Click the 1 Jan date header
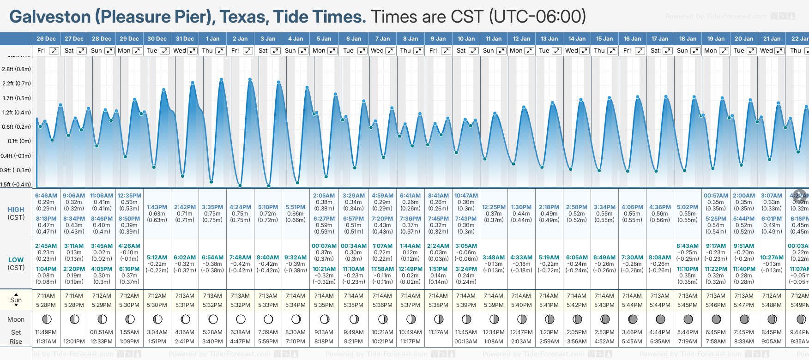pyautogui.click(x=213, y=39)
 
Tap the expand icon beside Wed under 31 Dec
pyautogui.click(x=193, y=51)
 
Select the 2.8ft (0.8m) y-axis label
pyautogui.click(x=17, y=69)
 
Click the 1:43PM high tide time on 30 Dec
pyautogui.click(x=157, y=207)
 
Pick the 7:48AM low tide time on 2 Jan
pyautogui.click(x=241, y=258)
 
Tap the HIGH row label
pyautogui.click(x=16, y=210)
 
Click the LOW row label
pyautogui.click(x=16, y=260)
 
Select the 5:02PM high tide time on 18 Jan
pyautogui.click(x=688, y=207)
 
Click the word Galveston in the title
pyautogui.click(x=50, y=17)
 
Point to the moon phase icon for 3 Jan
pyautogui.click(x=268, y=319)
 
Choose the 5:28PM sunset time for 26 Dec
pyautogui.click(x=46, y=305)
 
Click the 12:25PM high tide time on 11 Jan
pyautogui.click(x=494, y=207)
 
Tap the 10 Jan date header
pyautogui.click(x=466, y=39)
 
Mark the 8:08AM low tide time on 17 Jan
pyautogui.click(x=660, y=258)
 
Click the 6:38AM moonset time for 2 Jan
pyautogui.click(x=241, y=332)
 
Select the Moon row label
pyautogui.click(x=16, y=319)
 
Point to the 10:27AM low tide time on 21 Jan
pyautogui.click(x=772, y=258)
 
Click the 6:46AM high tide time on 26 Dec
pyautogui.click(x=46, y=196)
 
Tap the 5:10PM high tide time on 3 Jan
pyautogui.click(x=268, y=207)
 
